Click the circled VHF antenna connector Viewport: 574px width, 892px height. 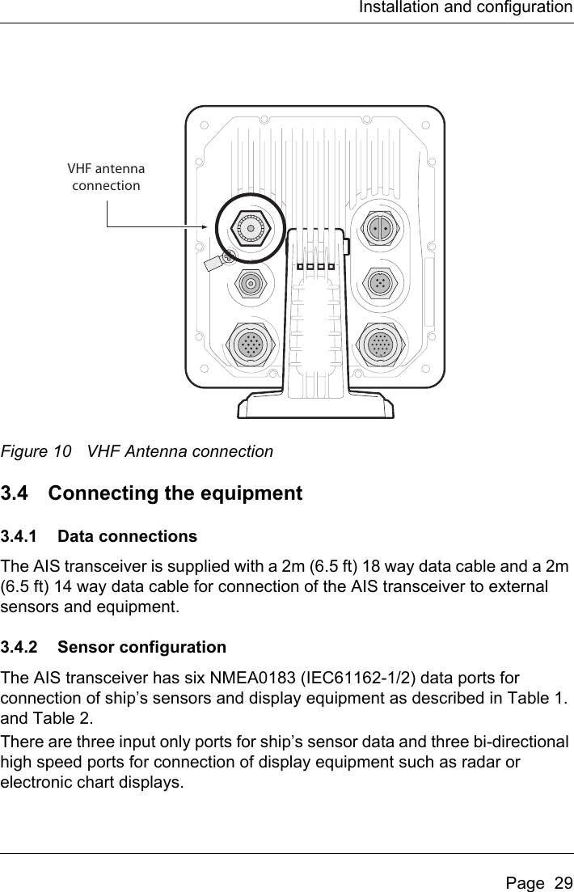point(251,229)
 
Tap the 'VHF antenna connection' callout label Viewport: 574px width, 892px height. point(106,178)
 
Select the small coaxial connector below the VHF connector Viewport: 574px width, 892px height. point(251,283)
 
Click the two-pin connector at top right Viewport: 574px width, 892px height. point(378,229)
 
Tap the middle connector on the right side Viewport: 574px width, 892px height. point(378,283)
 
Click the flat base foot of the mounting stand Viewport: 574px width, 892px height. point(316,404)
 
